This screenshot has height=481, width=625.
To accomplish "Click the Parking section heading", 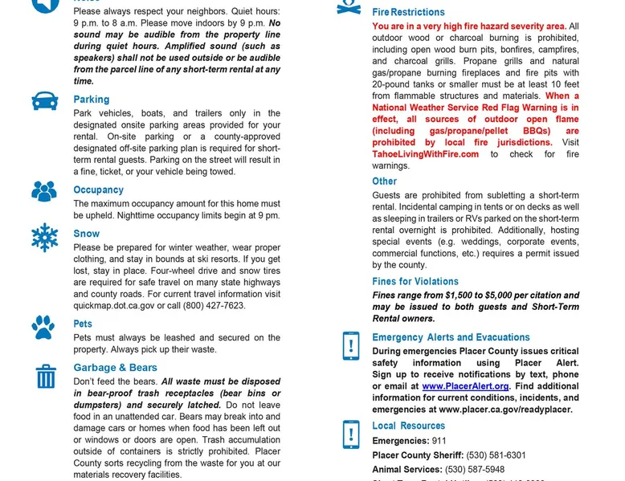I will (92, 100).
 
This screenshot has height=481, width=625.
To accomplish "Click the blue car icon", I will (45, 101).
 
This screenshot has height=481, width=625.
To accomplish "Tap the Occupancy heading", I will (99, 190).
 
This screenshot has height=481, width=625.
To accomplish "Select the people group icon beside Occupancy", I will (44, 191).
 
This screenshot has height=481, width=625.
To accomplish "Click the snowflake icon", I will (45, 238).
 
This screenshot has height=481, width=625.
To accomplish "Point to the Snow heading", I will (87, 234).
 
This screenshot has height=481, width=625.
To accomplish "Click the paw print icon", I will (43, 327).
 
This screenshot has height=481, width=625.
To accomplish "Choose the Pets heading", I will (84, 324).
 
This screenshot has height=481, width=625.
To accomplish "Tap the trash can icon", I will (46, 376).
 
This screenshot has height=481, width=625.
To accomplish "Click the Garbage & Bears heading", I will (116, 368).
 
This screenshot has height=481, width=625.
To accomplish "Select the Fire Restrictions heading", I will (408, 12).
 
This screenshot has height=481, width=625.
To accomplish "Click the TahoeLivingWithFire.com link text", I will (426, 154).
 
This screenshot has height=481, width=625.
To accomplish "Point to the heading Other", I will (385, 181).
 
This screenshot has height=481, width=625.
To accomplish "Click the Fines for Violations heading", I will (415, 282).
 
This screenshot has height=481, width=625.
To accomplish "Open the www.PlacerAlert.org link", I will (466, 386).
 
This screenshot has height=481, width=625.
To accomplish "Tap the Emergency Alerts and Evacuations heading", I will (451, 337).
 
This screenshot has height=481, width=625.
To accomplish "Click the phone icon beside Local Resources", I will (350, 434).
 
